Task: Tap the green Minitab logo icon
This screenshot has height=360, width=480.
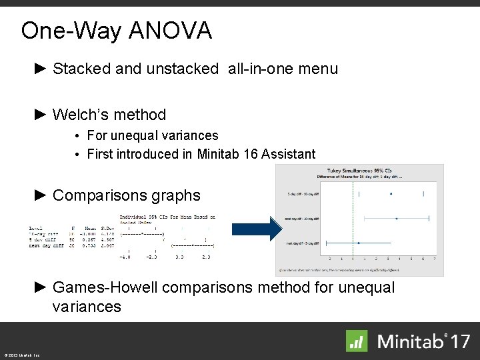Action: pyautogui.click(x=357, y=341)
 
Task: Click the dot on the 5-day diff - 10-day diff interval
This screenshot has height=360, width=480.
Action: pyautogui.click(x=391, y=193)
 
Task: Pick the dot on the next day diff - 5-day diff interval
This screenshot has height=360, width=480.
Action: pyautogui.click(x=359, y=243)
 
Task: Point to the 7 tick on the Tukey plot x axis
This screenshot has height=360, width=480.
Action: pyautogui.click(x=435, y=258)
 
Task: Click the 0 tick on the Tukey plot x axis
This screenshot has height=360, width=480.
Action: pyautogui.click(x=350, y=258)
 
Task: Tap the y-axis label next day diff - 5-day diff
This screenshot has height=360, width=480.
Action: pyautogui.click(x=303, y=243)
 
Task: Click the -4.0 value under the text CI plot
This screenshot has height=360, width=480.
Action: pyautogui.click(x=124, y=256)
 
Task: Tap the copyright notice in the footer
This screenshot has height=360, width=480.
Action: pyautogui.click(x=21, y=355)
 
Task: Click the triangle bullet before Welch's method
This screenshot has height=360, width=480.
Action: pyautogui.click(x=41, y=115)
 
